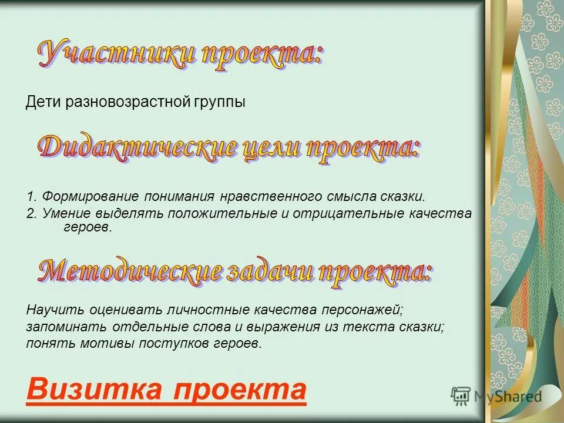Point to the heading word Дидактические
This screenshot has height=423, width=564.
(137, 147)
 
